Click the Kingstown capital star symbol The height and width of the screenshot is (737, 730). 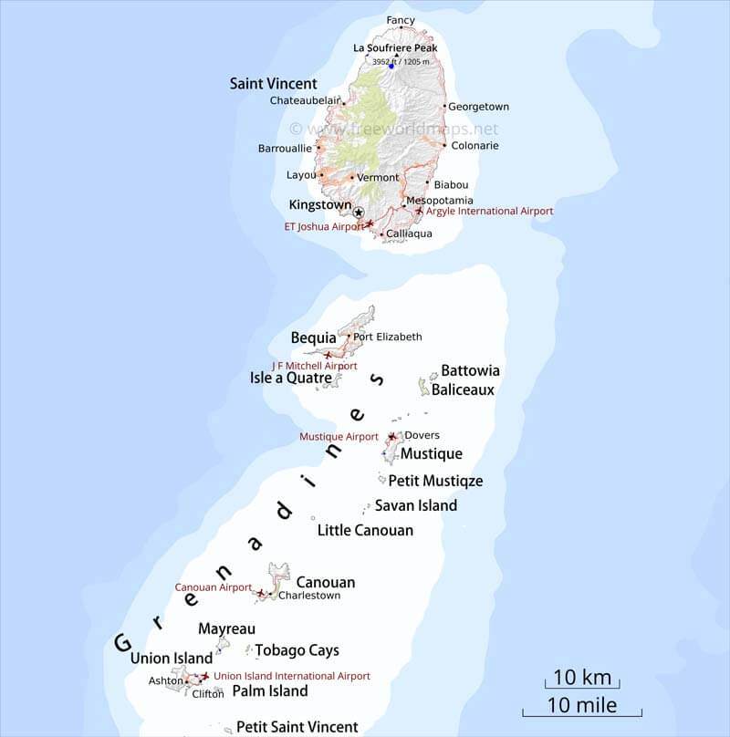coord(359,213)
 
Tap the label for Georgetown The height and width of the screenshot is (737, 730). coord(478,107)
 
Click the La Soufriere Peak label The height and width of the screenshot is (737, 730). coord(395,48)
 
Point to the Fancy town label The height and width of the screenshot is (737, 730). coord(401,20)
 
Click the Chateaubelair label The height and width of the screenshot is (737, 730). coord(304,101)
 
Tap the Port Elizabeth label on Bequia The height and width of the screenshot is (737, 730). coord(388,337)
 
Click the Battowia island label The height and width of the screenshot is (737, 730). coord(470,371)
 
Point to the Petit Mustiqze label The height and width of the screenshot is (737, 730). coord(435,481)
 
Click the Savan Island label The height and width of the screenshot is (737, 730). coord(416,505)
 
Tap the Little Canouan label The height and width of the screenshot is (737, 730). coord(365,530)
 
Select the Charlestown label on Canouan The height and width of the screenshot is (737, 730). coord(309,596)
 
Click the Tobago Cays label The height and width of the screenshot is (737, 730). coord(297,650)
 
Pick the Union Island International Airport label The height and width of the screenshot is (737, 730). coord(291,676)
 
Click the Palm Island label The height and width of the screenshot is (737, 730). coord(270,691)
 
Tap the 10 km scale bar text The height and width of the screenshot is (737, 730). coord(582,677)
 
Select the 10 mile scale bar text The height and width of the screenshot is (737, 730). coord(582,705)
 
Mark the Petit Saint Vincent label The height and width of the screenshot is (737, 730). coord(297,727)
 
